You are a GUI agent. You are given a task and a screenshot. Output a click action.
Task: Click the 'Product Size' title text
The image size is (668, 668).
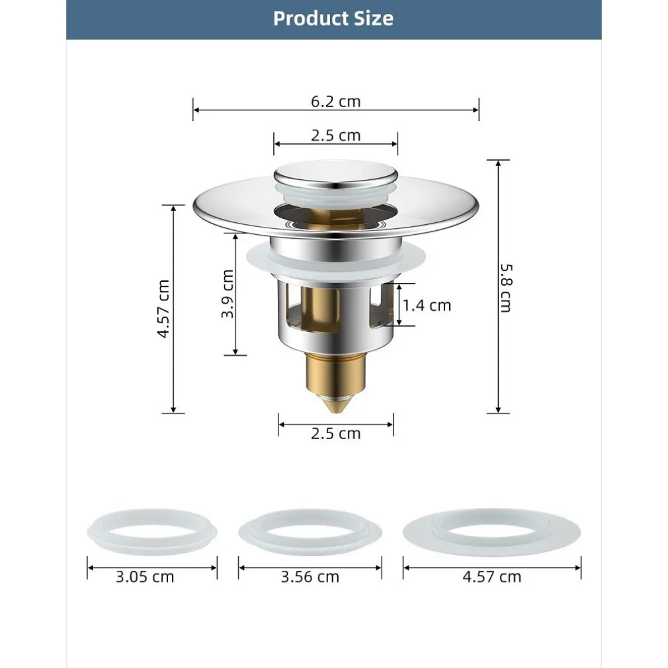click(x=333, y=19)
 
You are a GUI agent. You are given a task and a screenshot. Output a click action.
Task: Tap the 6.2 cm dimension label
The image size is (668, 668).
click(x=336, y=101)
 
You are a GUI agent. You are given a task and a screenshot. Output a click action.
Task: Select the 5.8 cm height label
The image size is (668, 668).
click(x=506, y=288)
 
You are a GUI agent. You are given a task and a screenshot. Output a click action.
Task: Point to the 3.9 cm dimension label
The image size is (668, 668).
click(x=228, y=294)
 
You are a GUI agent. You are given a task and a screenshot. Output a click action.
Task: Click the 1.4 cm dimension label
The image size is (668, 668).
click(x=427, y=305)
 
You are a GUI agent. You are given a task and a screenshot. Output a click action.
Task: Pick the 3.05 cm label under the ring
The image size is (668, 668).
click(x=145, y=577)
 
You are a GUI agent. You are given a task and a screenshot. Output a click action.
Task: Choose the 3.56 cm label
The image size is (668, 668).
click(x=310, y=577)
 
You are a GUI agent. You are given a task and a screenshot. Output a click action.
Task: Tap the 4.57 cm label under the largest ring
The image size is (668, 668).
click(x=491, y=577)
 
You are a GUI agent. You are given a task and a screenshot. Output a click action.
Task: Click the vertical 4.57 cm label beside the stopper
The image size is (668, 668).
click(x=163, y=309)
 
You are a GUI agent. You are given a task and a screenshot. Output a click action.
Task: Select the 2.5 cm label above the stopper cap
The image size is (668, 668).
click(x=336, y=136)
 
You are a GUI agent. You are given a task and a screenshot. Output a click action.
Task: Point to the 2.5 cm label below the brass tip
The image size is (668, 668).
click(x=336, y=434)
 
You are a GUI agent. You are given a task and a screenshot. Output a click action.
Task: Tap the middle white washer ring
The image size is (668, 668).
click(x=310, y=530)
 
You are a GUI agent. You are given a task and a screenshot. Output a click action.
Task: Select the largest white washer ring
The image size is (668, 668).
click(x=491, y=530)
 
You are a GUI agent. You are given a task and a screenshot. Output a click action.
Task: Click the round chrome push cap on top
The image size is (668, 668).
click(x=336, y=175)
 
